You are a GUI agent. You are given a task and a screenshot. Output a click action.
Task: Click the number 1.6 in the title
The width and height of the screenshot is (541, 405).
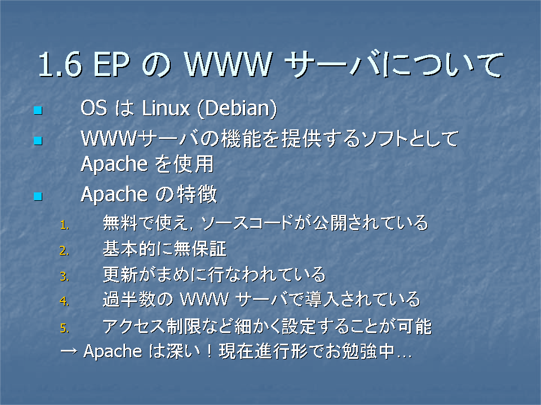point(60,64)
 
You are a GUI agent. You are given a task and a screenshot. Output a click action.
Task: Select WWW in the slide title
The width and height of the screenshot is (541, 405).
point(228,64)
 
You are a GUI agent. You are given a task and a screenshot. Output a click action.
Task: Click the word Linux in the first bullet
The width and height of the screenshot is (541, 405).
point(166,108)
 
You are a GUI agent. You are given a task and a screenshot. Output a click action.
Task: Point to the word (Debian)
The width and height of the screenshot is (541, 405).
point(237,109)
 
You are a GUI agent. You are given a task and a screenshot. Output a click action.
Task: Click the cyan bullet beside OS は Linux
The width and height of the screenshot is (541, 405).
point(38,110)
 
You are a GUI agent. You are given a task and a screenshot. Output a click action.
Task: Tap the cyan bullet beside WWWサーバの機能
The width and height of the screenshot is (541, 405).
point(38,141)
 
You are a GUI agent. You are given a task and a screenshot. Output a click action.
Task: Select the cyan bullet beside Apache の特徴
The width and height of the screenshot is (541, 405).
point(38,196)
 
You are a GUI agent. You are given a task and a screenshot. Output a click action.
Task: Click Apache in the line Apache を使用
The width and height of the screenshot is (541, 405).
point(114,164)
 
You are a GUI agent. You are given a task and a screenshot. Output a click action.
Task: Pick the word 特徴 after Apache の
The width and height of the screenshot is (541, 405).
point(197,194)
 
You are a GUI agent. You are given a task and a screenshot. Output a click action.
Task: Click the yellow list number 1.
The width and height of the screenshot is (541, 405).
point(64,225)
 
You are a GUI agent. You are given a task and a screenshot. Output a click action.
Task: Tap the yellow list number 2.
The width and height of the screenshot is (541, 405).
point(64,251)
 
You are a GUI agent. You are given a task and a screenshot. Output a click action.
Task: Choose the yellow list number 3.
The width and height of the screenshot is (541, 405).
point(64,277)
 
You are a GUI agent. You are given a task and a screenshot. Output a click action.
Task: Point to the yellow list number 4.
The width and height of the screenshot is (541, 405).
point(64,301)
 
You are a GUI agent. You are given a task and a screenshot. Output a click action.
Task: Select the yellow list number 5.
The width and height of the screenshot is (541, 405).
point(64,328)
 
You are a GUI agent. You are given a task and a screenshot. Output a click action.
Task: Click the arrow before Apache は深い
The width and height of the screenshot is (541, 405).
point(69,351)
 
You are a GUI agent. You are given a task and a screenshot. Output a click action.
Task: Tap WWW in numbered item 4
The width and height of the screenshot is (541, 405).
point(205,299)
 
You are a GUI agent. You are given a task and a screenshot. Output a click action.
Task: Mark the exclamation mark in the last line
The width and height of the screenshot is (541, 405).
point(209,351)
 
